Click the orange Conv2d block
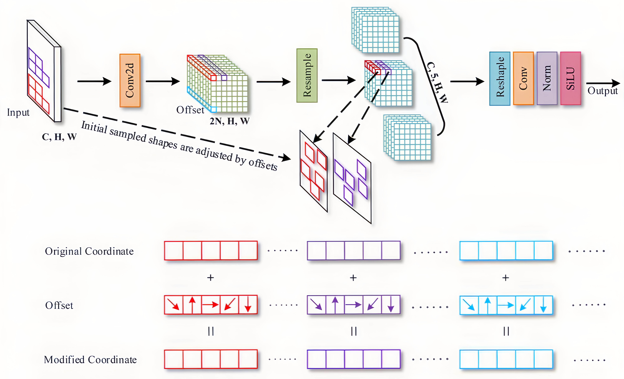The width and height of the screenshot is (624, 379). pyautogui.click(x=130, y=80)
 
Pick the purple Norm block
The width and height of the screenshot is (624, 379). pyautogui.click(x=547, y=78)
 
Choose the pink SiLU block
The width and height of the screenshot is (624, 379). pyautogui.click(x=570, y=78)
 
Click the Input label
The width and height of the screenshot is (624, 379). pyautogui.click(x=18, y=113)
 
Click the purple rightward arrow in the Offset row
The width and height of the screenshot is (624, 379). pyautogui.click(x=353, y=305)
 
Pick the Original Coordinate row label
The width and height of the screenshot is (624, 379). pyautogui.click(x=89, y=251)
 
